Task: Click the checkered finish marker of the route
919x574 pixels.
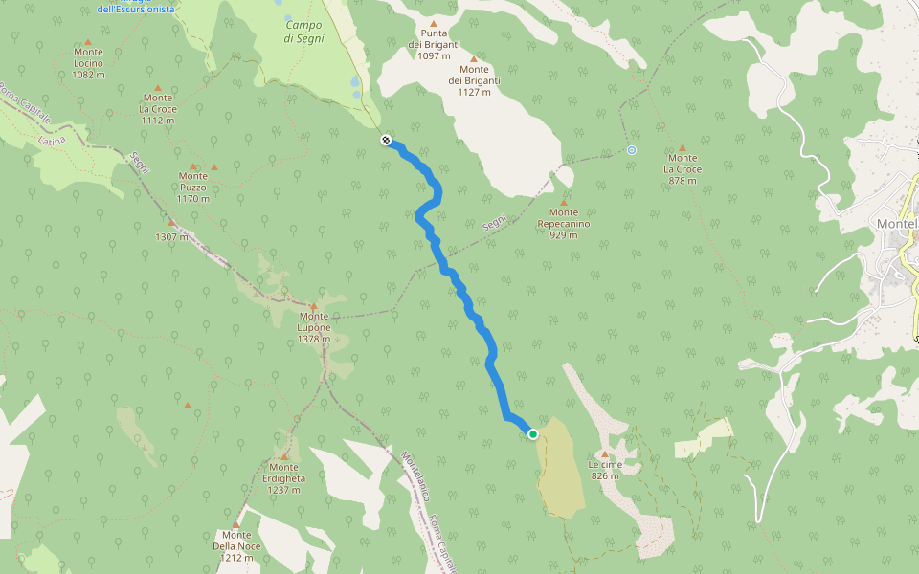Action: tap(386, 141)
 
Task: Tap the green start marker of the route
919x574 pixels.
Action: tap(533, 434)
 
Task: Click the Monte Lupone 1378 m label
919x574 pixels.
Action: tap(314, 327)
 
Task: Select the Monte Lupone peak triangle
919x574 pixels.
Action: tap(313, 306)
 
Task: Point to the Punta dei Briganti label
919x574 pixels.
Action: tap(434, 44)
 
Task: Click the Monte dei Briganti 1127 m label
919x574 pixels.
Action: tap(474, 80)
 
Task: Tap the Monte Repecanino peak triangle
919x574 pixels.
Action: tap(564, 203)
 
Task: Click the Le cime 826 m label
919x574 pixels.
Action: tap(605, 470)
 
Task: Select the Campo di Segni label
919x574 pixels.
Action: tap(304, 29)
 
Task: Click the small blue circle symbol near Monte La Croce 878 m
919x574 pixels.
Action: tap(632, 150)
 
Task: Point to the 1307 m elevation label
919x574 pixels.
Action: tap(172, 235)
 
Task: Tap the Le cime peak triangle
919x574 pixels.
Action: tap(605, 453)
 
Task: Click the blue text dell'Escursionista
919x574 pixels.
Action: tap(136, 9)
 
